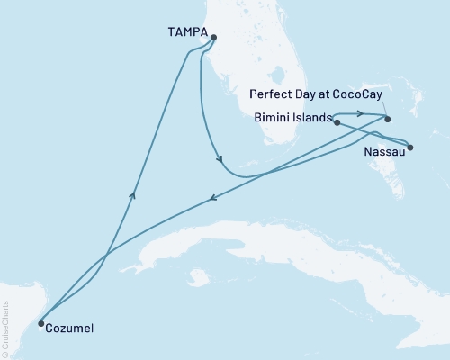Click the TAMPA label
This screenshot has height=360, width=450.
coord(186,32)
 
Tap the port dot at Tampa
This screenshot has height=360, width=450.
coord(213,37)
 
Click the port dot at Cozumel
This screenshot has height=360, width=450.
coord(40,322)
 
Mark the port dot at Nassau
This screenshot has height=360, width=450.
coord(410,148)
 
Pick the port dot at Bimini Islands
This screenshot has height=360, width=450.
coord(337,122)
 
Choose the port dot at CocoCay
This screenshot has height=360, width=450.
coord(388,118)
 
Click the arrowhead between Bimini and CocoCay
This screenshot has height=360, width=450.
coord(359,113)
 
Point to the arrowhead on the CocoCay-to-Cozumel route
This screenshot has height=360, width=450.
coord(212,200)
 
